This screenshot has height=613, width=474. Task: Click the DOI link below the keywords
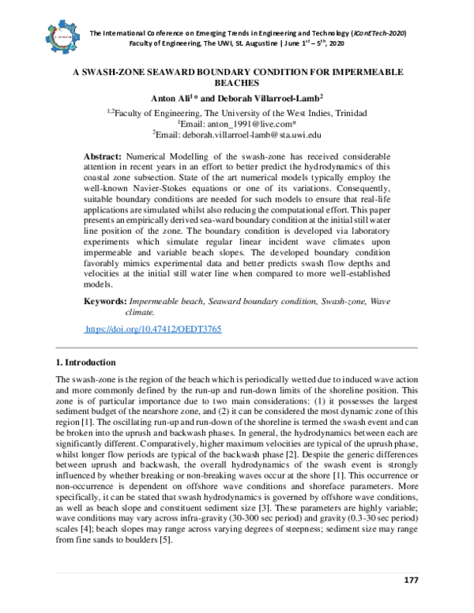[x=152, y=328]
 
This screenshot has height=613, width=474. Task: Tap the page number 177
[x=410, y=581]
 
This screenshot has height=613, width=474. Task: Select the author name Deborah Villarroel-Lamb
[x=265, y=98]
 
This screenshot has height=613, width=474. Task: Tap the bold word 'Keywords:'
[x=104, y=302]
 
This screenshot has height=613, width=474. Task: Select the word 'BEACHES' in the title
[x=236, y=82]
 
